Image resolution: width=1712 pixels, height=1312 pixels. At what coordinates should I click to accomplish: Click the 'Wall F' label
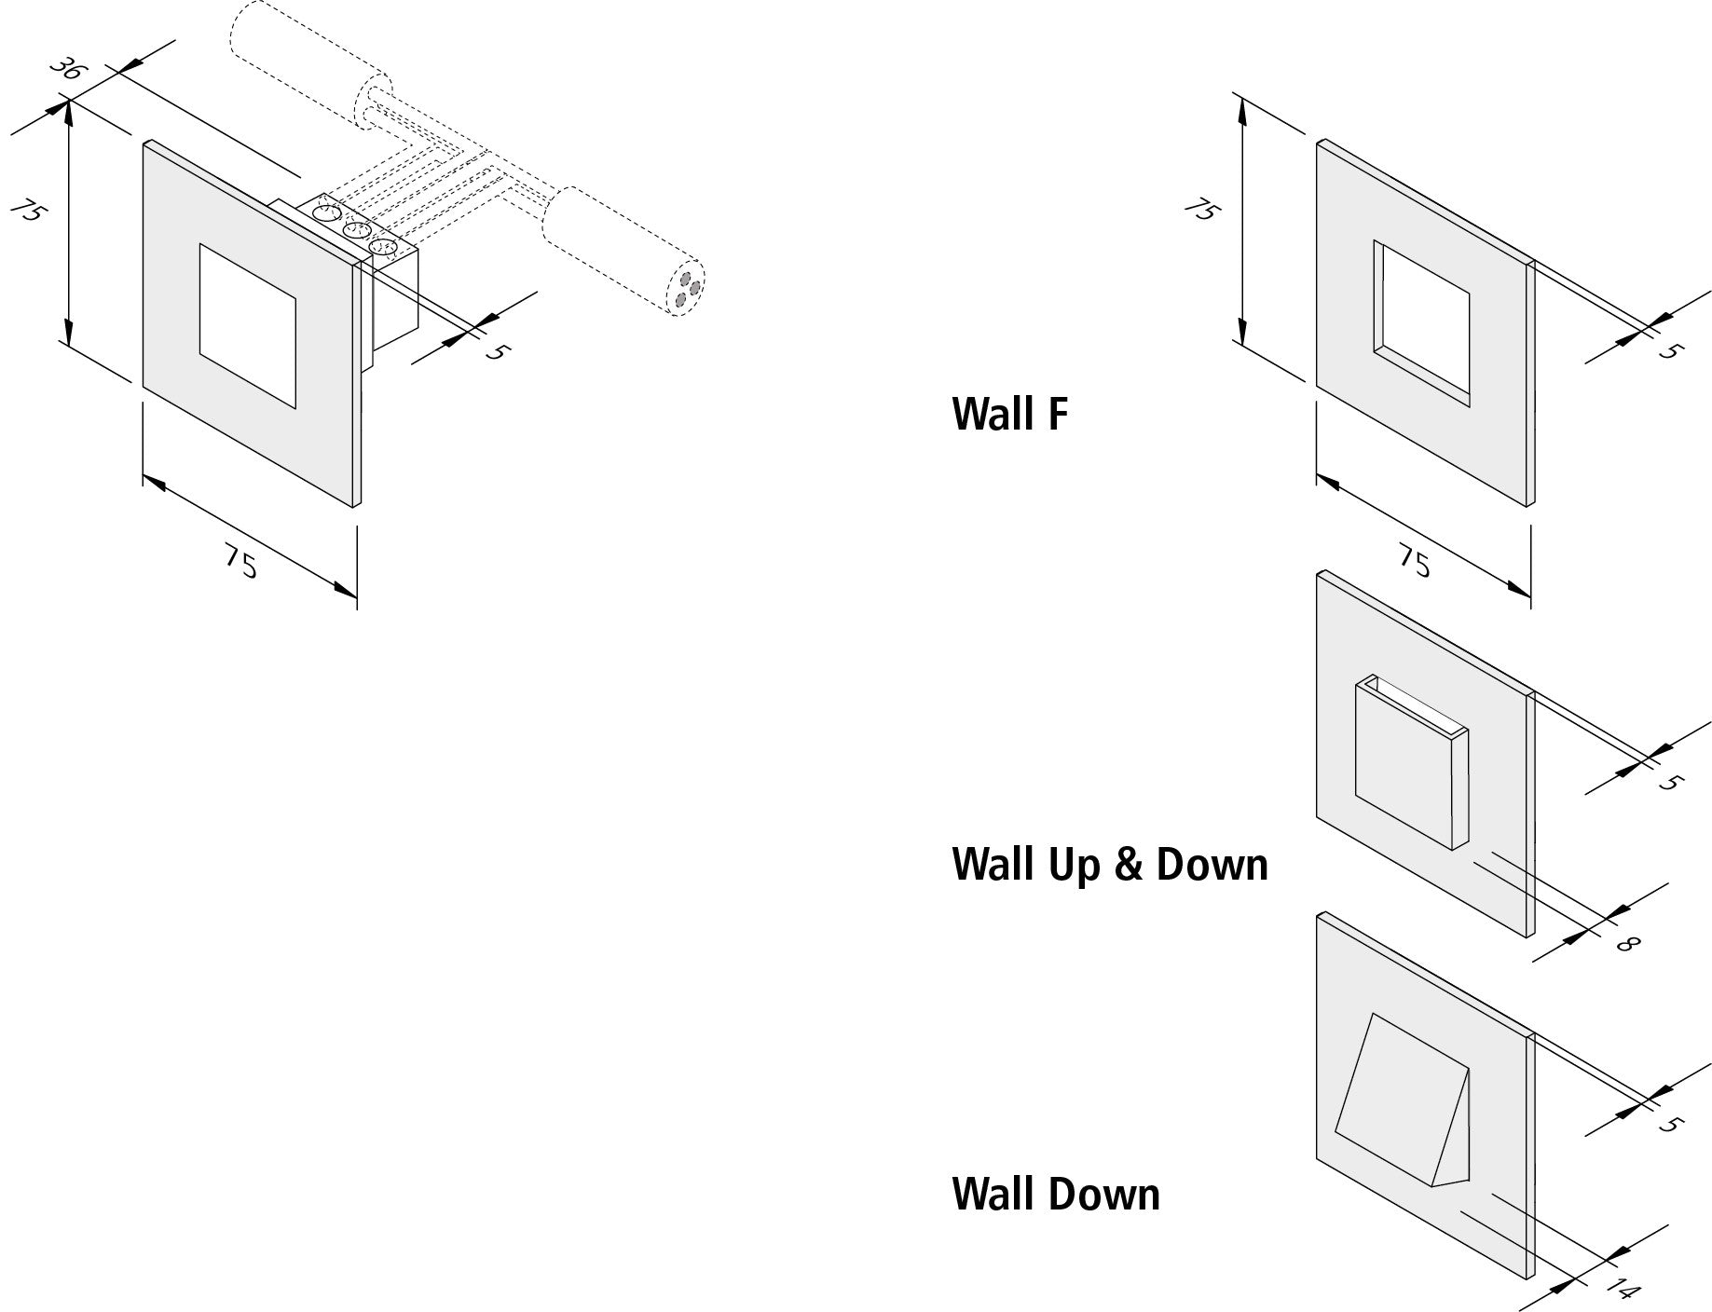pos(1009,414)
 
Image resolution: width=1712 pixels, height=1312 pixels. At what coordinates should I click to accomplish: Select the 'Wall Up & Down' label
pos(1109,865)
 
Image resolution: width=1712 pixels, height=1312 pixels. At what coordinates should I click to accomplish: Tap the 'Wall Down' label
pos(1055,1195)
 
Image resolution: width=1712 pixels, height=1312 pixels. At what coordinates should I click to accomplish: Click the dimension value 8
pos(1626,943)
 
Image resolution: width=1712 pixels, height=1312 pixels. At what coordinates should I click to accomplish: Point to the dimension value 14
pos(1623,1290)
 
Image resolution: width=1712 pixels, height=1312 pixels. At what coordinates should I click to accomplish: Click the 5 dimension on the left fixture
pos(497,352)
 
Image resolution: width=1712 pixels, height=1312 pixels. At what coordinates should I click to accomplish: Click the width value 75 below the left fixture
pos(240,562)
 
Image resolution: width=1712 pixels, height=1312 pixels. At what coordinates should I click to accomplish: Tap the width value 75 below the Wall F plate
pos(1415,562)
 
